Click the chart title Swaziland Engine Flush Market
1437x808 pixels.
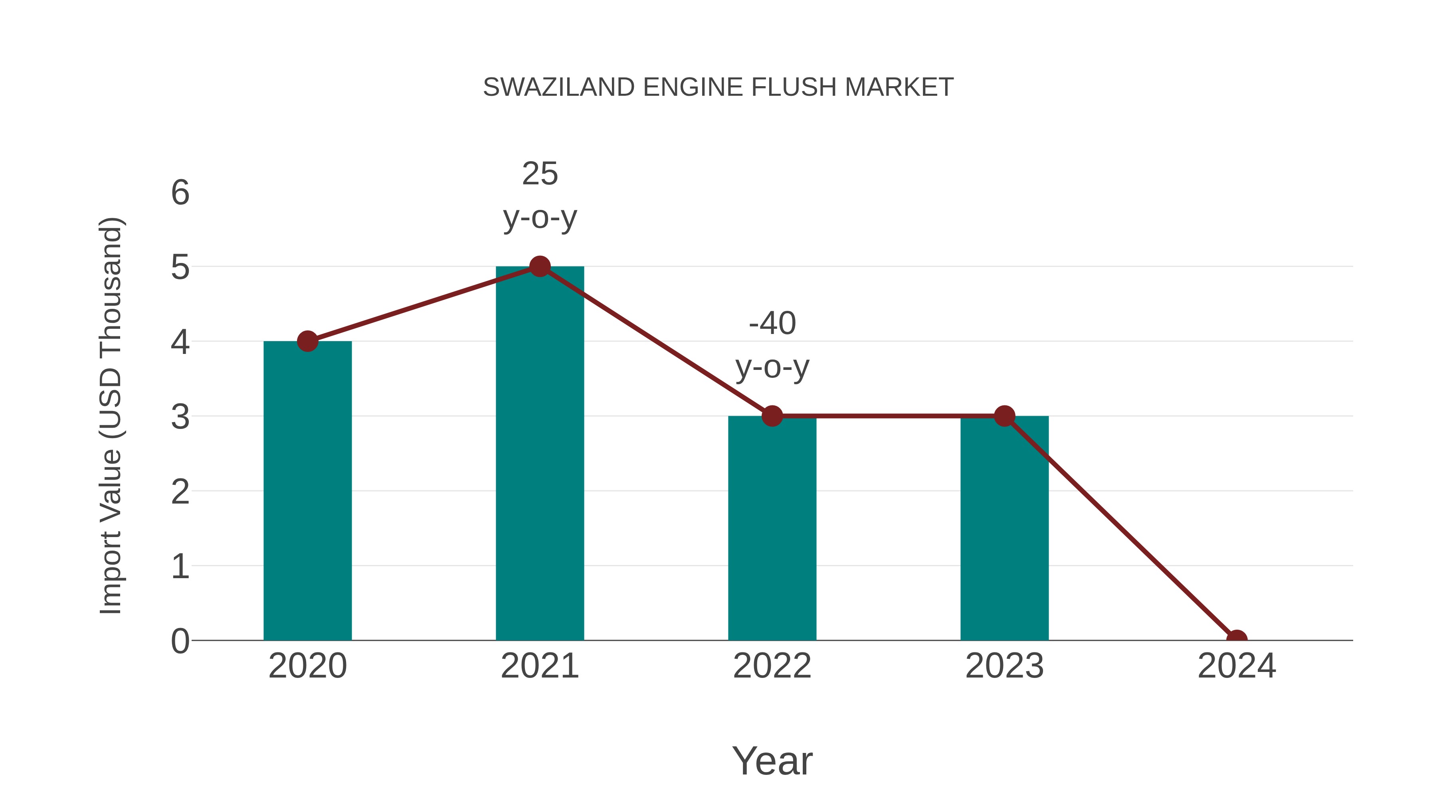click(x=718, y=87)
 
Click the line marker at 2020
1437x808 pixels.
click(x=307, y=341)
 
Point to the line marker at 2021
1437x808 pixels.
click(x=539, y=267)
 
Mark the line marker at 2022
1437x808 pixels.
click(x=772, y=416)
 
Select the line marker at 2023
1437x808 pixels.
click(x=1004, y=416)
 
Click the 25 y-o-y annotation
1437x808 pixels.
click(x=539, y=195)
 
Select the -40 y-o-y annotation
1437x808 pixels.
click(x=772, y=345)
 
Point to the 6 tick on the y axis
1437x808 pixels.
click(x=180, y=193)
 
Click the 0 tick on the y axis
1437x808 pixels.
click(x=180, y=641)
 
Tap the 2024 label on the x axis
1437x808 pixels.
click(x=1236, y=666)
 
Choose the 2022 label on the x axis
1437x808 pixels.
click(x=772, y=666)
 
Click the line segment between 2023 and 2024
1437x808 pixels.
click(x=1120, y=527)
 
